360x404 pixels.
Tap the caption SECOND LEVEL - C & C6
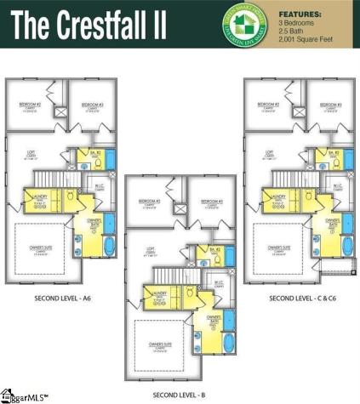pos(301,298)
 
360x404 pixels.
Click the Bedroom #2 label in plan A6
pos(31,105)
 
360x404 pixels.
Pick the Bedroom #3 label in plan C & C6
pos(330,105)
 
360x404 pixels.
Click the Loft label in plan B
pos(150,249)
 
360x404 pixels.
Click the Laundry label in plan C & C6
pos(278,196)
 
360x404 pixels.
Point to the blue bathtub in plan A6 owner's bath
pos(107,248)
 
